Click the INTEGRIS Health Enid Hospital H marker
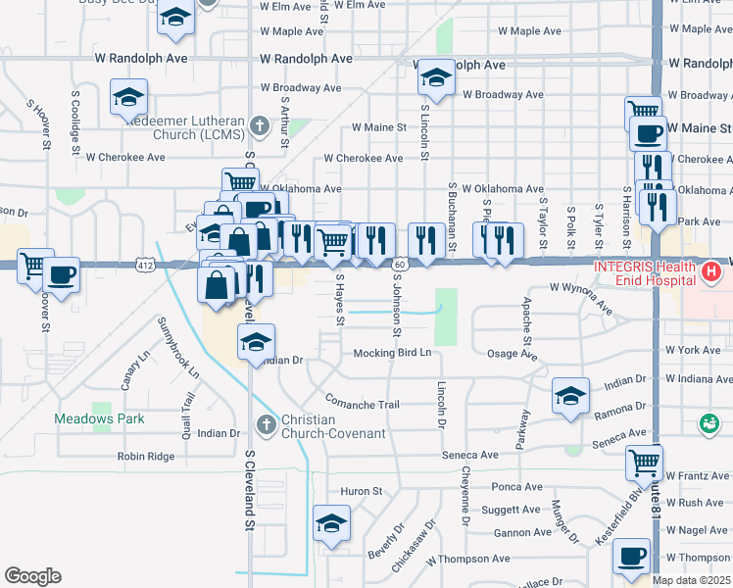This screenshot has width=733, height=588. click(x=712, y=270)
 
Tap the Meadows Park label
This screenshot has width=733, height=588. click(x=98, y=419)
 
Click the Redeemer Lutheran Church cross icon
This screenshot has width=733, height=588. click(x=259, y=125)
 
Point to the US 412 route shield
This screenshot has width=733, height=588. click(x=145, y=265)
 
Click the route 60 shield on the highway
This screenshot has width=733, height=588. click(x=401, y=265)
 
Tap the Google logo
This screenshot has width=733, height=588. click(x=32, y=575)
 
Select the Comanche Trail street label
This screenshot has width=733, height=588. click(x=363, y=404)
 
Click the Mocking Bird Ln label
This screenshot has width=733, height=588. click(x=392, y=353)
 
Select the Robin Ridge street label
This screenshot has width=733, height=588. click(x=145, y=456)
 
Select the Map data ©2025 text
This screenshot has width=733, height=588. click(x=692, y=580)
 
